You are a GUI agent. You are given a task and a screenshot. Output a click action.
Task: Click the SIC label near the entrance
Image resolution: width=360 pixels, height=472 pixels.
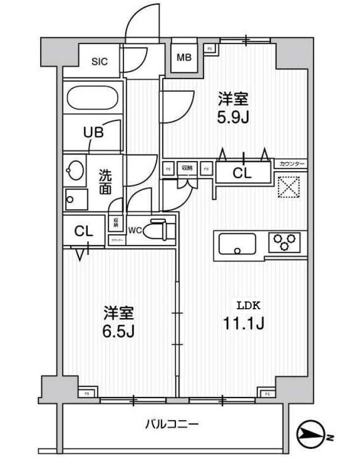click(99, 61)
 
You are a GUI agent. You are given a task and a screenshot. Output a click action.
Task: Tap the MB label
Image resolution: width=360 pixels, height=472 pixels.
click(185, 57)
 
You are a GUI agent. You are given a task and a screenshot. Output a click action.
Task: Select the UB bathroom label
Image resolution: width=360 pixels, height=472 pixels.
click(93, 132)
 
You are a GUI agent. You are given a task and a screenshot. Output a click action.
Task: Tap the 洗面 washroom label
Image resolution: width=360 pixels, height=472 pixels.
click(105, 182)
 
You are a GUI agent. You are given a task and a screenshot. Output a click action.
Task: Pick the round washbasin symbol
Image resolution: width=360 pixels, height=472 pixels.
click(75, 172)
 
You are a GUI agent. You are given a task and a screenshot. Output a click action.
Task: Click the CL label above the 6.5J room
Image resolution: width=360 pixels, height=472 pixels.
click(83, 232)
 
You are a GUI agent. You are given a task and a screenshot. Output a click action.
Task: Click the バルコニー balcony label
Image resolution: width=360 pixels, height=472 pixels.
click(172, 424)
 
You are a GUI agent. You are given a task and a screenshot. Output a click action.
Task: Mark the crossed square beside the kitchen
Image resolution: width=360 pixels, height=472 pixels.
click(290, 188)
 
